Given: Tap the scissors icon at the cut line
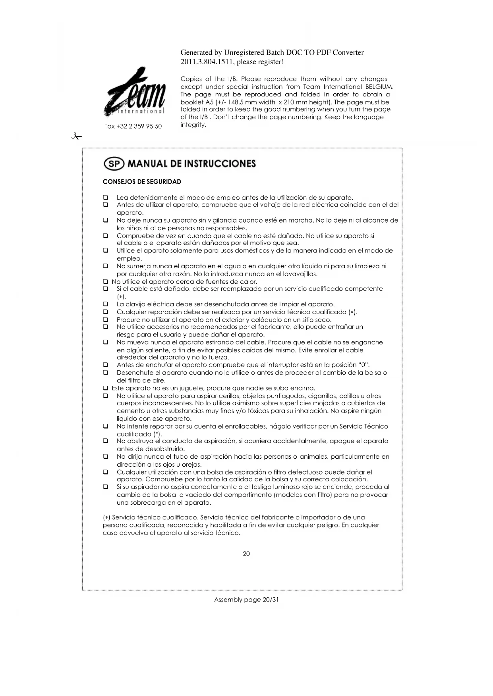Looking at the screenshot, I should (76, 137).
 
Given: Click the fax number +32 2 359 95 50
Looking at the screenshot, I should (133, 126).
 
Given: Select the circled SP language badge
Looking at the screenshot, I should (114, 164).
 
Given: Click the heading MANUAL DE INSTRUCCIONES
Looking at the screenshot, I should (191, 164).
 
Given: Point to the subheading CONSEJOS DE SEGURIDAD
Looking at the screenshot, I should (142, 182).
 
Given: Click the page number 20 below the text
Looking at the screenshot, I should (246, 554).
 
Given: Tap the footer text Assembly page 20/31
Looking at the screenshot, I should (246, 600).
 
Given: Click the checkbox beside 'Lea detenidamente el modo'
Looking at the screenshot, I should (106, 198).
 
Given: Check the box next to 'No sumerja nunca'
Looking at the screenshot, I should (106, 266).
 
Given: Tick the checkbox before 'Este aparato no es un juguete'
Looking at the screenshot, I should (106, 388).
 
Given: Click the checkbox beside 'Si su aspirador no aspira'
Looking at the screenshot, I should (106, 487).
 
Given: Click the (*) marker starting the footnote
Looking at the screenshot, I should (106, 517).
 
